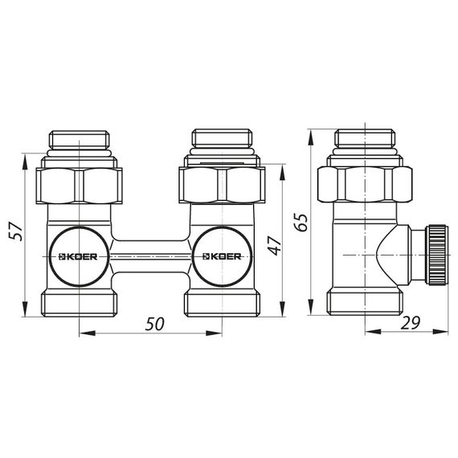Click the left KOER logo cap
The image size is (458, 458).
[x=79, y=257]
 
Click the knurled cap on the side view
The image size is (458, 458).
[x=435, y=254]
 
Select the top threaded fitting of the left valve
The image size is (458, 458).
[x=79, y=140]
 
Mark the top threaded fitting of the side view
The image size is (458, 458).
[x=364, y=140]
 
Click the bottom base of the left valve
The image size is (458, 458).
[x=79, y=305]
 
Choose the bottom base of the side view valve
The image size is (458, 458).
[x=364, y=305]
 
